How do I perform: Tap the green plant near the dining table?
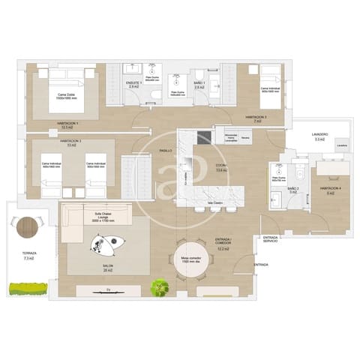coord(158,287)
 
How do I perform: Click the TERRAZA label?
coord(29,255)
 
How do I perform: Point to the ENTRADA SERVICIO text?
coord(271,240)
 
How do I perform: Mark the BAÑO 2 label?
coord(293,189)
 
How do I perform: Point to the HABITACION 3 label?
coord(69,140)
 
